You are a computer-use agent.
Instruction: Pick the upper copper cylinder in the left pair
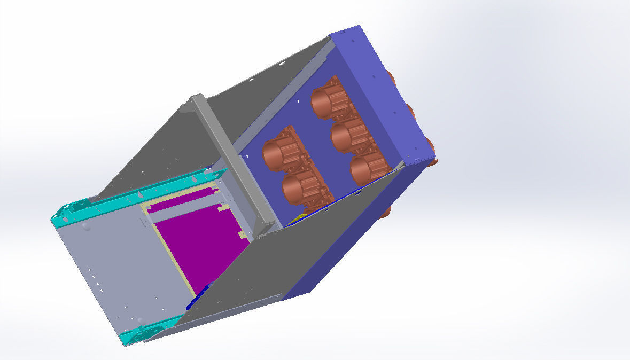(278, 153)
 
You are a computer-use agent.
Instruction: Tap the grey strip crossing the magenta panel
(182, 212)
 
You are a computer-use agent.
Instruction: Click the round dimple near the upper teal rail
(86, 226)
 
